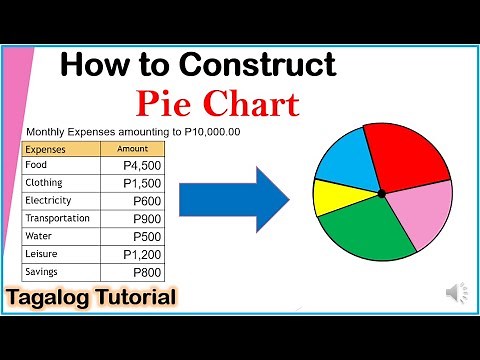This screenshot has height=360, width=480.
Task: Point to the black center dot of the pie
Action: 381,192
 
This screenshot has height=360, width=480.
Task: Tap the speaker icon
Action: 455,293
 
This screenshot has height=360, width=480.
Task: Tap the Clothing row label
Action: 45,183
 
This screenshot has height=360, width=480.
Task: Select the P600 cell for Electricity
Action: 148,201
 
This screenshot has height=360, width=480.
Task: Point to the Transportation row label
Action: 58,219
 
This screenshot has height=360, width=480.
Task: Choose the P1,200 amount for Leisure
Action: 142,255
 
